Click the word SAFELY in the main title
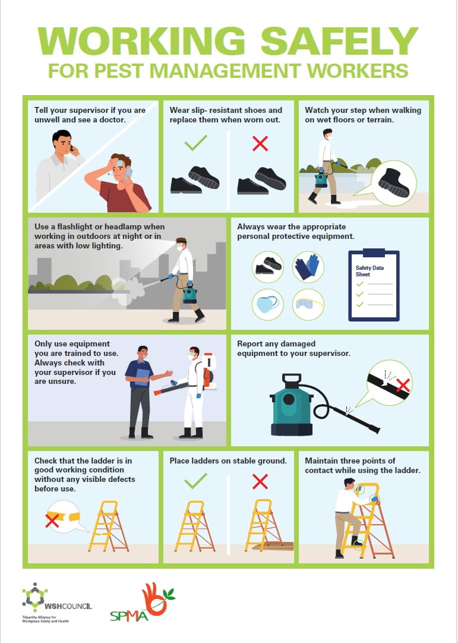click(339, 41)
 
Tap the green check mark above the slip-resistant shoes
click(195, 143)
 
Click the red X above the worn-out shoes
click(260, 144)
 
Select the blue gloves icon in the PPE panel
click(308, 267)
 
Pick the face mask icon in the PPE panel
click(267, 304)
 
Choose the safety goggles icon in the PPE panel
click(308, 304)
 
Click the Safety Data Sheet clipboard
click(374, 285)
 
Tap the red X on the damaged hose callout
click(403, 385)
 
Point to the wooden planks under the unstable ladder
click(273, 546)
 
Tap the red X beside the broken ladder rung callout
click(52, 521)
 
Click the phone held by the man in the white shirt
click(72, 148)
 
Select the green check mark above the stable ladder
click(195, 481)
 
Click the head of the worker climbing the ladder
click(349, 484)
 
